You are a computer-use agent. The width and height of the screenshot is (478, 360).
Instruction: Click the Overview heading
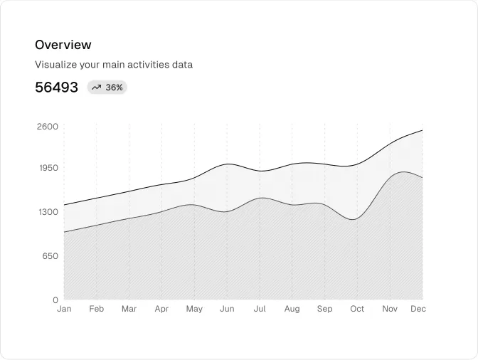pos(63,45)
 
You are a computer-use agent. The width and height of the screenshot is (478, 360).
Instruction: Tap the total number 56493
pos(56,88)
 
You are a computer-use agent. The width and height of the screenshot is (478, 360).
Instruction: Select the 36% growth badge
pos(107,88)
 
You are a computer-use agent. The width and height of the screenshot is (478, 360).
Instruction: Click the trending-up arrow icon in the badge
pos(96,88)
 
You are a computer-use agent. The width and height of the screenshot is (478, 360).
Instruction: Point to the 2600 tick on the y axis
pos(47,127)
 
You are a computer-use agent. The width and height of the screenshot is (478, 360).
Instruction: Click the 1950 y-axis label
pos(47,168)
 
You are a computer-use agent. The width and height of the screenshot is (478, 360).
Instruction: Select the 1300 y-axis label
pos(47,212)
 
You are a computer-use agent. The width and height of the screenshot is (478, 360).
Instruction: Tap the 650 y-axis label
pos(49,255)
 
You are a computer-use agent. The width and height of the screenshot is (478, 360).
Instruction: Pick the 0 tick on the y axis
pos(55,300)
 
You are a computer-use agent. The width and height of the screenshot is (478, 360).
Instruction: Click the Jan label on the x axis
pos(64,309)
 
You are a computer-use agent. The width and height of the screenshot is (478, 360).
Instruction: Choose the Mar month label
pos(129,309)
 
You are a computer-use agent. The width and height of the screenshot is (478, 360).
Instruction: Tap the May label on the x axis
pos(194,309)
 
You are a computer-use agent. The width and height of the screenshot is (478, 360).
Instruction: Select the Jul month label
pos(260,309)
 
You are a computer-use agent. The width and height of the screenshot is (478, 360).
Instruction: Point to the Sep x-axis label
pos(324,309)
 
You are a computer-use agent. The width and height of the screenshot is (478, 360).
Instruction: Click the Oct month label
pos(357,309)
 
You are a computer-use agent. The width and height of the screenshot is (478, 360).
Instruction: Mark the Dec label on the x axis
pos(418,309)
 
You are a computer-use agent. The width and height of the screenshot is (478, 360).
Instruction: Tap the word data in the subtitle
pos(182,65)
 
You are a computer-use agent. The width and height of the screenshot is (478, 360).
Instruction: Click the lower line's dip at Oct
pos(354,219)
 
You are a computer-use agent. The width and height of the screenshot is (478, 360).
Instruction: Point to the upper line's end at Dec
pos(422,130)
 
